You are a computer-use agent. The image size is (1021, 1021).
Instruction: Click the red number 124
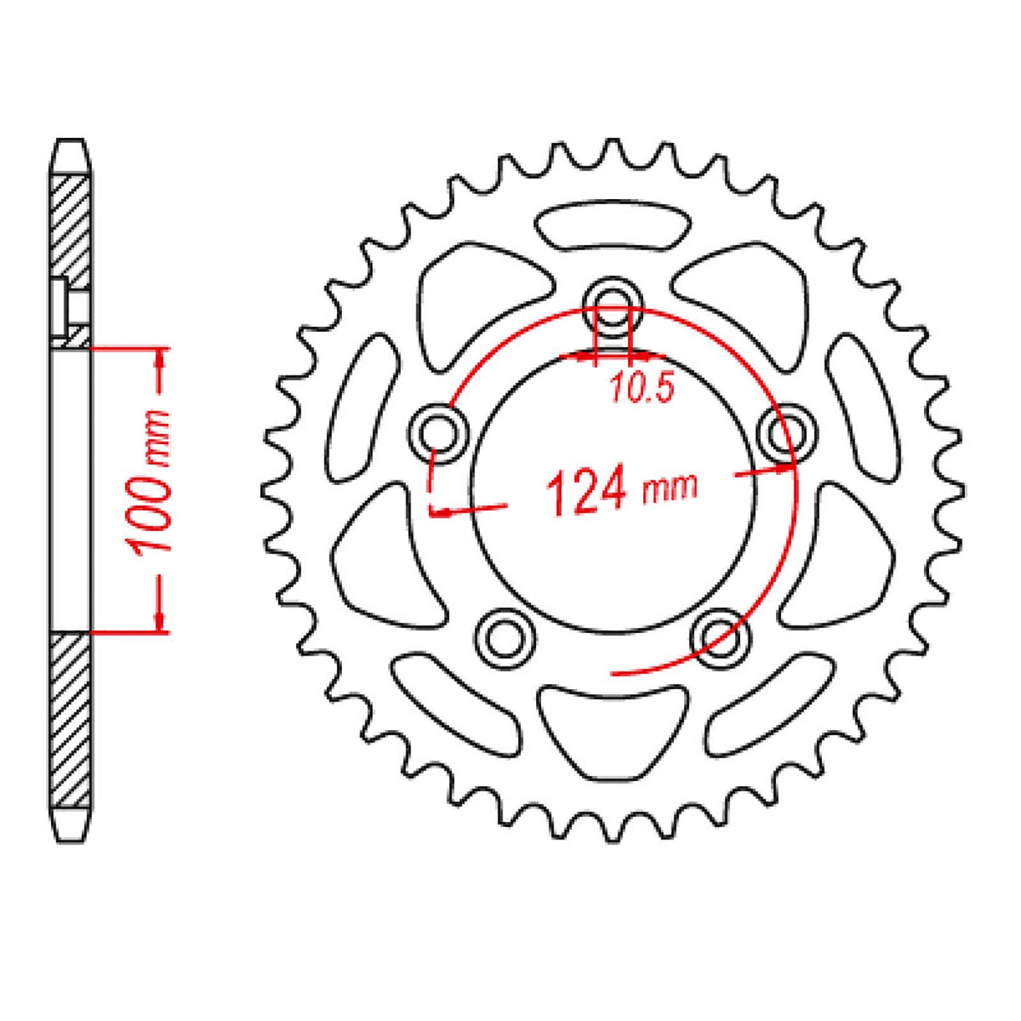588,493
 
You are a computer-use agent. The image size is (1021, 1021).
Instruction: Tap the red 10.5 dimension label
642,389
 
